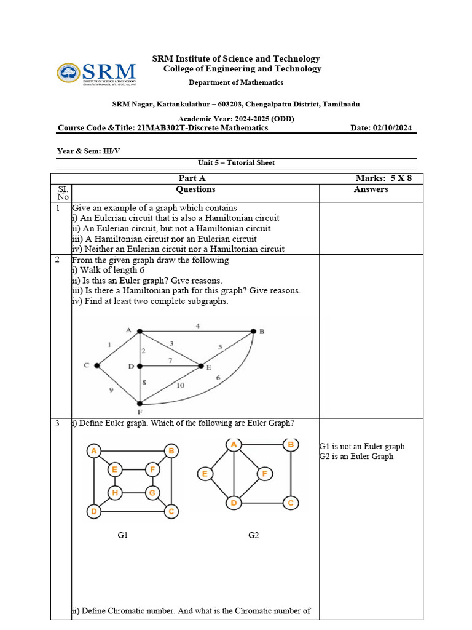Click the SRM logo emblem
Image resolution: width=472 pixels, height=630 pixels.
point(68,73)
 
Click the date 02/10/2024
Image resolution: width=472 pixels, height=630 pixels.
point(391,128)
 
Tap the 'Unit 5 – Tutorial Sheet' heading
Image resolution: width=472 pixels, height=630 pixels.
point(236,163)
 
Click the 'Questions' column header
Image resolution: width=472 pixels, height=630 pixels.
point(195,189)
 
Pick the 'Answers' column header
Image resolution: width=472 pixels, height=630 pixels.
point(371,189)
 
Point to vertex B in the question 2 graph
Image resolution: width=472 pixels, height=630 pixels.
point(253,332)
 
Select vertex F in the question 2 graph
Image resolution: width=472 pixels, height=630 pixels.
point(140,404)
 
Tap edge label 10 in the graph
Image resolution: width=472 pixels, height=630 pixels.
point(180,386)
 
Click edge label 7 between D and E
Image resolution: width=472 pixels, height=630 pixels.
point(170,359)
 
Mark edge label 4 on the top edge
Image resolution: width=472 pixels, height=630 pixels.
point(197,325)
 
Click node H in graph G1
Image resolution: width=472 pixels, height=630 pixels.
point(114,492)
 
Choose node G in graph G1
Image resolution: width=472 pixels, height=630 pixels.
point(152,492)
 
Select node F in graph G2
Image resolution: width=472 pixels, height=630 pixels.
point(264,473)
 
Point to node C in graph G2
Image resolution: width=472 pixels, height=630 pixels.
point(291,503)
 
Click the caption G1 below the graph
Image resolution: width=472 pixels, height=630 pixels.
point(123,536)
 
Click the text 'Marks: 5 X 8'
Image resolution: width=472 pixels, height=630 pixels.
point(383,178)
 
